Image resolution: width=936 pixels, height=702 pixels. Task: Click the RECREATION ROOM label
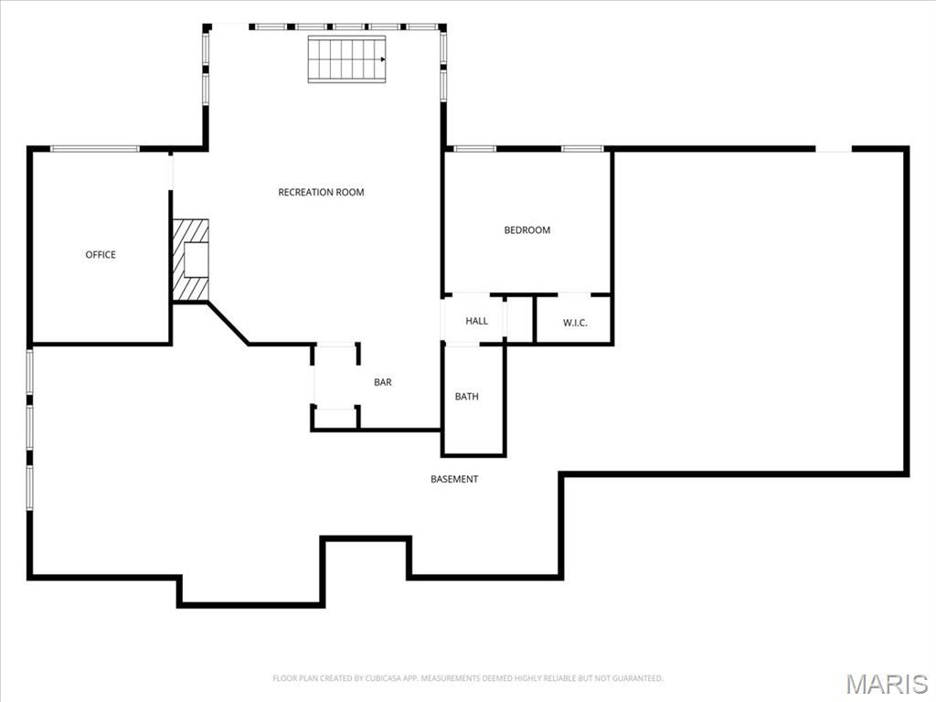(x=321, y=192)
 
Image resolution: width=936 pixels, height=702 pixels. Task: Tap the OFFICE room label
(x=101, y=255)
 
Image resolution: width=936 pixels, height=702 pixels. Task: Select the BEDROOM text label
(x=527, y=229)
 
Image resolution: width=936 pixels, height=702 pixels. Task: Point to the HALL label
(x=476, y=321)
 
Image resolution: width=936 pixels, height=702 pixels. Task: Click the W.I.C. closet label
(x=575, y=323)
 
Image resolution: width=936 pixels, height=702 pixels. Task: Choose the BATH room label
(x=467, y=397)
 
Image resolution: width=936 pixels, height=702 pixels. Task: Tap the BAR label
(x=383, y=382)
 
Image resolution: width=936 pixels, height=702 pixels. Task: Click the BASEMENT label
(x=454, y=479)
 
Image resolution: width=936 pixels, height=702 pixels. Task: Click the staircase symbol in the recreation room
(x=346, y=59)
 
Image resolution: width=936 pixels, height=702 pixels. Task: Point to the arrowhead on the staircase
(x=383, y=59)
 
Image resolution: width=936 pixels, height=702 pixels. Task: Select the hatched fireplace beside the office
(x=190, y=261)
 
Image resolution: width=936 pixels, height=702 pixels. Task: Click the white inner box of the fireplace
(x=197, y=261)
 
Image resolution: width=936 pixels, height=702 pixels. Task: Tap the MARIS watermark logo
(x=887, y=684)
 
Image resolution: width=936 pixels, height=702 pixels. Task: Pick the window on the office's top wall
(x=95, y=149)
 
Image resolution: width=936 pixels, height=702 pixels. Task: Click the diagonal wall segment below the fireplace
(x=228, y=324)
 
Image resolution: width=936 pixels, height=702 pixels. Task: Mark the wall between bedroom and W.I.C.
(x=527, y=294)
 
